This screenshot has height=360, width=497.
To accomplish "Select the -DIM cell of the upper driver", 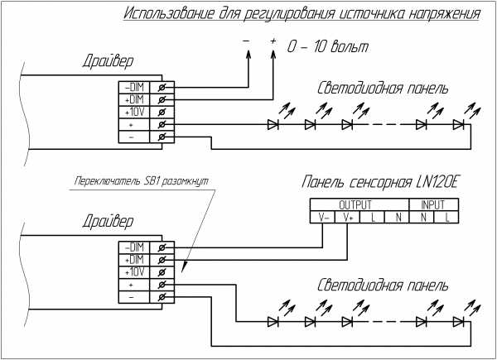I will [133, 87].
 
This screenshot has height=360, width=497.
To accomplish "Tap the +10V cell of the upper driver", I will [133, 112].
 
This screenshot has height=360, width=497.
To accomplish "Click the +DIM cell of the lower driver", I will [133, 259].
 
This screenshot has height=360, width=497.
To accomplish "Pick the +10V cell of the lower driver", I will [133, 271].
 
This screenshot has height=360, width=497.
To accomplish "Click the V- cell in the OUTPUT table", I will [321, 218].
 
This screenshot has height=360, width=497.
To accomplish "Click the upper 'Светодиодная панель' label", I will [384, 89].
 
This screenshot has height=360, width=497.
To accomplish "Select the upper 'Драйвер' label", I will [109, 61].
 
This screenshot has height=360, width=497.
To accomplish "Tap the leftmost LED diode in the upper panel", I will [273, 125].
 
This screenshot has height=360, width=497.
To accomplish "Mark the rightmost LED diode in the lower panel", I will [458, 321].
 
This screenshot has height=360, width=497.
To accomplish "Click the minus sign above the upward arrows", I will [246, 41].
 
